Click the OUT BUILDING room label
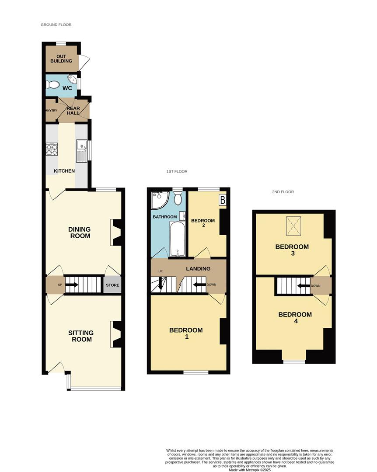point(61,59)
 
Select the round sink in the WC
point(72,81)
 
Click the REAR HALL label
point(73,110)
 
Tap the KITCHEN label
point(64,171)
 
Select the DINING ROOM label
point(79,233)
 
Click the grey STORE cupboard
point(112,285)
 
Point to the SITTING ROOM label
point(81,336)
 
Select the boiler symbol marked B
point(222,200)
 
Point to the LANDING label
point(198,268)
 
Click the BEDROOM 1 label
point(186,333)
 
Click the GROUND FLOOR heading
point(56,25)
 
